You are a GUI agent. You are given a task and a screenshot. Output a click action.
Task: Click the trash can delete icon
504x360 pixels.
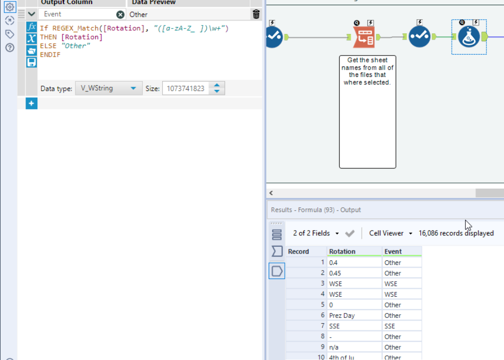click(256, 15)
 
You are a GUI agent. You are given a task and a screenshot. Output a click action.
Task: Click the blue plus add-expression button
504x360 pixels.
click(31, 103)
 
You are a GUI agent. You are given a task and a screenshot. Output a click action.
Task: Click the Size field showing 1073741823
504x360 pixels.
click(185, 88)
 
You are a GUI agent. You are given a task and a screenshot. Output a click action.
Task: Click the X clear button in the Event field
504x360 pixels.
click(121, 15)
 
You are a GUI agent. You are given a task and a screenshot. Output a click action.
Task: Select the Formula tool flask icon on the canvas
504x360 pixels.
click(469, 36)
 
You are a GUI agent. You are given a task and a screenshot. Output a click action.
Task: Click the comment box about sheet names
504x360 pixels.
click(367, 112)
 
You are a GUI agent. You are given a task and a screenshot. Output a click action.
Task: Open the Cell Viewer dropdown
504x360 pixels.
click(390, 233)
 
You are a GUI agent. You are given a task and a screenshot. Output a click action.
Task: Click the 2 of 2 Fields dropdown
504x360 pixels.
click(315, 233)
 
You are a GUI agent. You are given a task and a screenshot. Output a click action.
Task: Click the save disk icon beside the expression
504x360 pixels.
click(32, 62)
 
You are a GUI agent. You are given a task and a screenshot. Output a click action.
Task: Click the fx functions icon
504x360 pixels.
click(32, 26)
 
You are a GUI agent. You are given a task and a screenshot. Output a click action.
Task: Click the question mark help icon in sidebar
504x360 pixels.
click(9, 48)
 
